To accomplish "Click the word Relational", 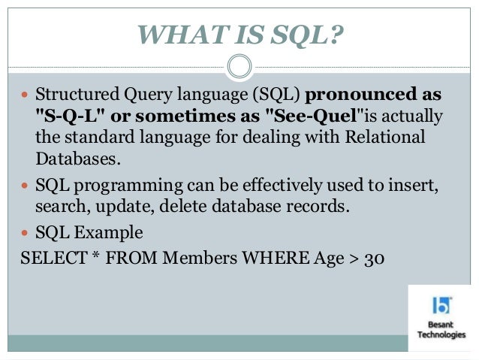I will click(383, 138).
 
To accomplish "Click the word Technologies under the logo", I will click(441, 335).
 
